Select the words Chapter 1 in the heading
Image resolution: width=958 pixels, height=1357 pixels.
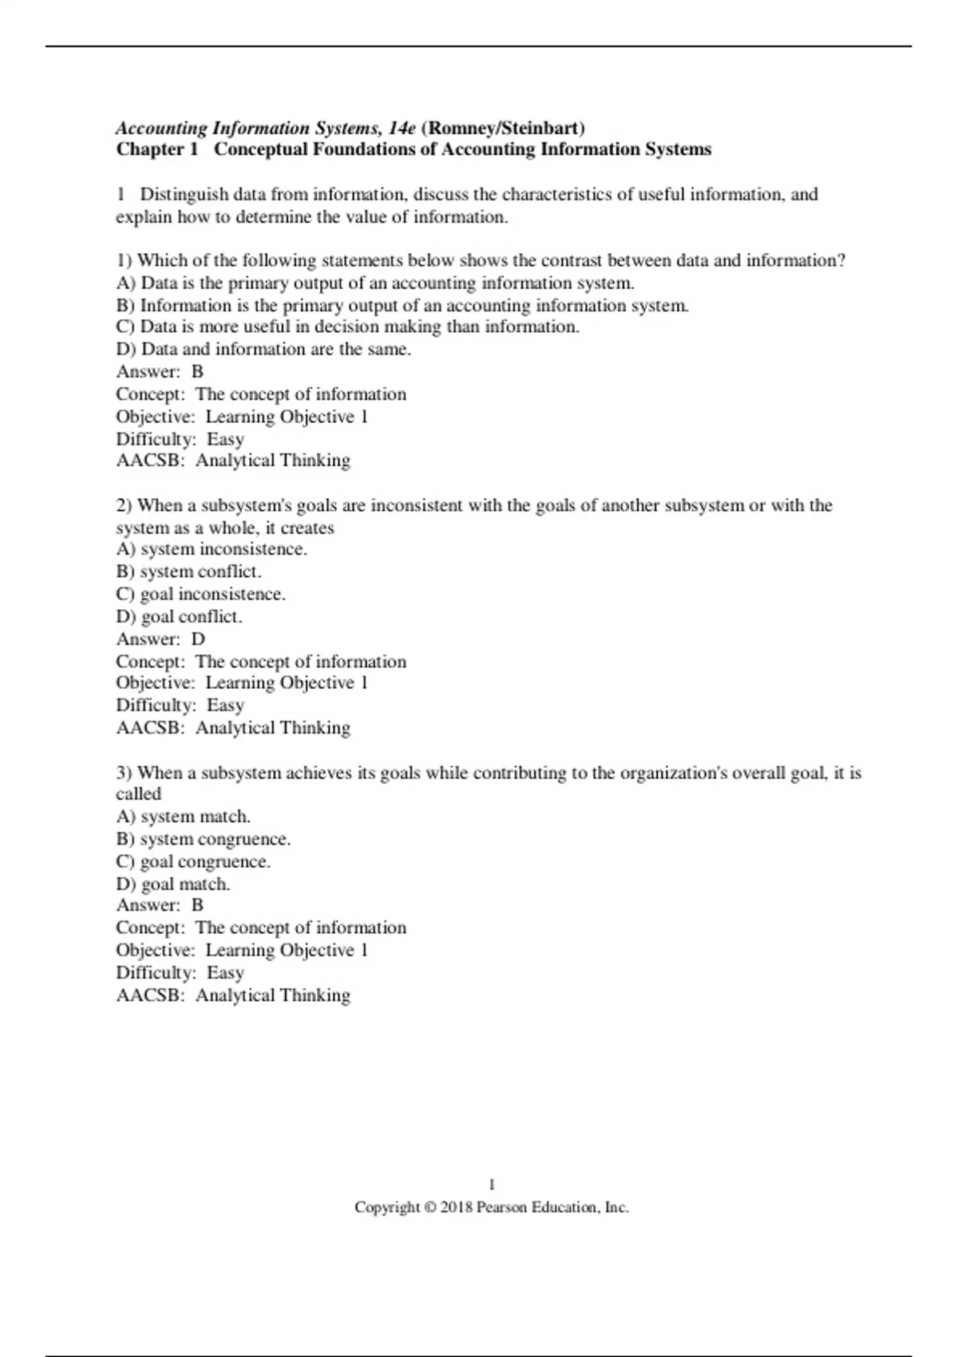(156, 150)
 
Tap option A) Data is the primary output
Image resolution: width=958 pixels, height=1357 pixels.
(375, 283)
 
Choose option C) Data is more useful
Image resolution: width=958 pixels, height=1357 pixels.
(347, 327)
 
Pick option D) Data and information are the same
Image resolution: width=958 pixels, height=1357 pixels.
(263, 350)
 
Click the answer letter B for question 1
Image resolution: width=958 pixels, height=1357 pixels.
(198, 372)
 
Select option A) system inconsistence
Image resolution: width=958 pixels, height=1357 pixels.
(212, 550)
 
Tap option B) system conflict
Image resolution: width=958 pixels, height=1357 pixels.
(188, 572)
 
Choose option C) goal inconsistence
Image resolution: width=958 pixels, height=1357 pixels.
(200, 595)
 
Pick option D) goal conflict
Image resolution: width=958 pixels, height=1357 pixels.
(179, 617)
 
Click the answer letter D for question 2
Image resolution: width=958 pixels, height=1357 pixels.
(198, 639)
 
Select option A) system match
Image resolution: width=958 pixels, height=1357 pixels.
(183, 817)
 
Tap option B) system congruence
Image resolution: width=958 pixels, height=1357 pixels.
(203, 840)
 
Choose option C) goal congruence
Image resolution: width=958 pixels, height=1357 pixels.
(193, 862)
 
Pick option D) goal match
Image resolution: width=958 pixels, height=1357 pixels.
(172, 884)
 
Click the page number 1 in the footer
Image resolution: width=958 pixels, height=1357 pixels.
(492, 1185)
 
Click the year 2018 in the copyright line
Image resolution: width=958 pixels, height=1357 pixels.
(457, 1208)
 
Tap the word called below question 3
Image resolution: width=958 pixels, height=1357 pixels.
(139, 794)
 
